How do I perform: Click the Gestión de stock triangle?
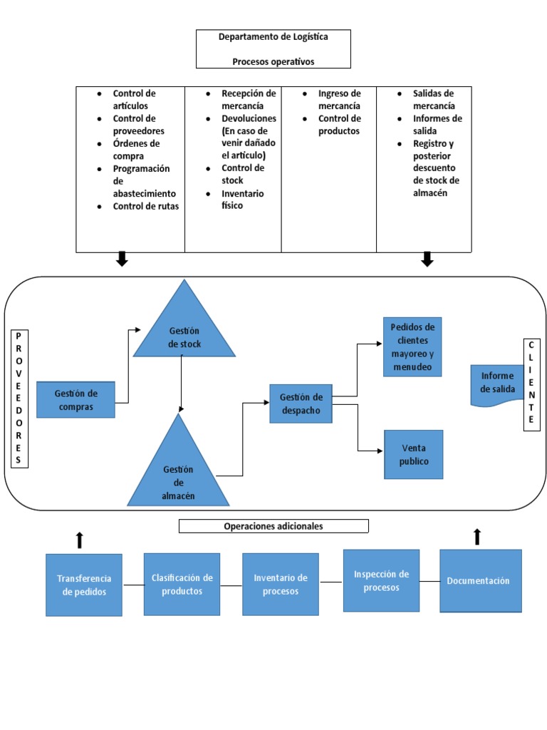click(184, 331)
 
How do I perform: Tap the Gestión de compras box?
click(76, 400)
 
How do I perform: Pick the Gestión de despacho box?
click(301, 403)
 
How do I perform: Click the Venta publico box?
click(413, 454)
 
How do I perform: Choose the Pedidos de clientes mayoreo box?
click(412, 347)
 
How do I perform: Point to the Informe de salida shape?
click(497, 384)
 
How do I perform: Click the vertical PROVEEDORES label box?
click(19, 398)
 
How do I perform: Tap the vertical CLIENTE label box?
click(531, 384)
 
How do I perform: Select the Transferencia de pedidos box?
click(84, 585)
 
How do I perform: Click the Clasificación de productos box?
click(182, 584)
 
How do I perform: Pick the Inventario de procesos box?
click(280, 584)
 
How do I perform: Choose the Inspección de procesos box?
click(381, 580)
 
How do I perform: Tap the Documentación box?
click(480, 580)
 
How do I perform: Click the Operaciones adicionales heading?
click(273, 526)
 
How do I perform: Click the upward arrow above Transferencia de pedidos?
click(80, 540)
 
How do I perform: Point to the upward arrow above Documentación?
click(477, 537)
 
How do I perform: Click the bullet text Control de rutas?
click(145, 206)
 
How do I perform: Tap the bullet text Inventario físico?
click(242, 199)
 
